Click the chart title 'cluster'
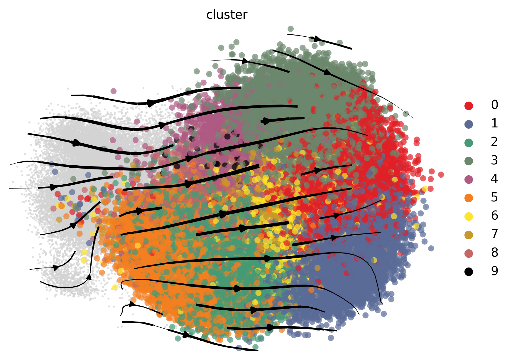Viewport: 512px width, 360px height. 227,15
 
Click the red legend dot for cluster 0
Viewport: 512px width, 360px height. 469,106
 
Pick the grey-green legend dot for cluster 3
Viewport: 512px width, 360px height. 469,161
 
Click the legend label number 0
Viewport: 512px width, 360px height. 495,105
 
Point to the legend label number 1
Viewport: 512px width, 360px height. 495,123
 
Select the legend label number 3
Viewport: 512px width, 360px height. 495,160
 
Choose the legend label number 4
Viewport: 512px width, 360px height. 495,179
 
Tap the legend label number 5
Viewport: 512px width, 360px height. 495,197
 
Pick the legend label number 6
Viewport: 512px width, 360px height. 495,216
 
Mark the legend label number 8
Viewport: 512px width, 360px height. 495,253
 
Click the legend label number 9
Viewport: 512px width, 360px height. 495,271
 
